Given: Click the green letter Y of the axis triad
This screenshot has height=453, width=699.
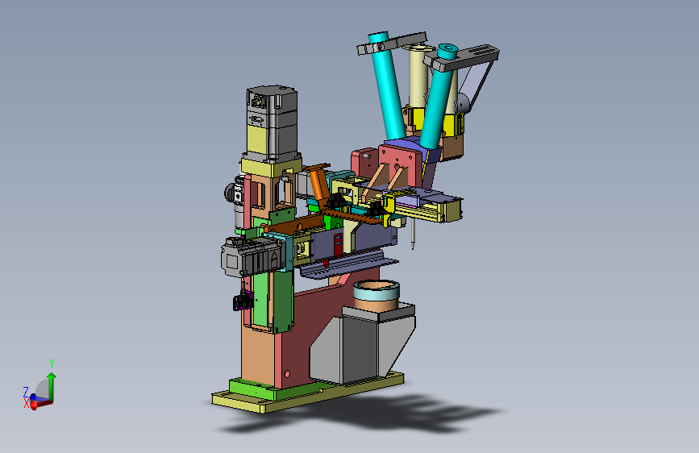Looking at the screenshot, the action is tap(52, 363).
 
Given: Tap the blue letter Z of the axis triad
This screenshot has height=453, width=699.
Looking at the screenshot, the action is tap(26, 392).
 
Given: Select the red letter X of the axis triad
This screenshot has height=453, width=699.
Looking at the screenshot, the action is tap(27, 404).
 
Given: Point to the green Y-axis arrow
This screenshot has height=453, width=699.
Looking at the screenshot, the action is tap(52, 387).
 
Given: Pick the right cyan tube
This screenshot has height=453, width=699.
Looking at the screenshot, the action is tap(438, 95).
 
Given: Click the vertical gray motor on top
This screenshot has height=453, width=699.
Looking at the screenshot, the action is tap(272, 123).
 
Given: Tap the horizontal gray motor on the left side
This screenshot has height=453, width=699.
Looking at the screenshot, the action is tap(252, 256).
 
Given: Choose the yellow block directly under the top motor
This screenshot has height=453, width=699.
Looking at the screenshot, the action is tap(271, 165).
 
